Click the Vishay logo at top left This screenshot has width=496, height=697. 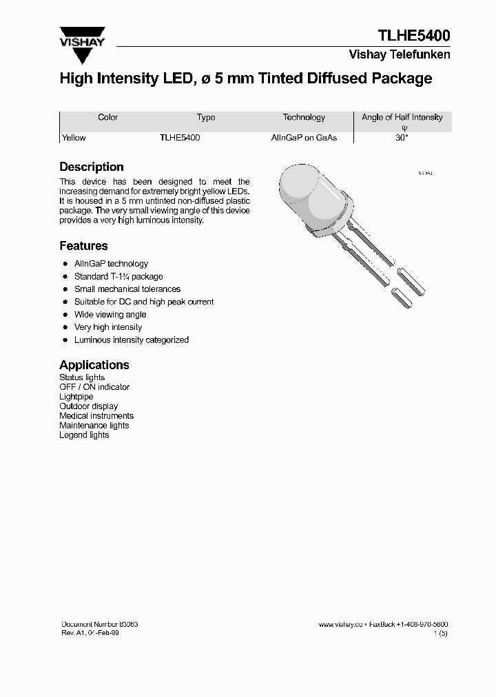point(82,37)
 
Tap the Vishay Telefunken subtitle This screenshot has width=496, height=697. point(400,54)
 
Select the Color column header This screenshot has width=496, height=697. point(108,118)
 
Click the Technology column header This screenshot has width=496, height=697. point(304,118)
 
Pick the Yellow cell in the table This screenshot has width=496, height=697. point(74,138)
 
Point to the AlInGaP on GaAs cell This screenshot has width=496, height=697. point(304,138)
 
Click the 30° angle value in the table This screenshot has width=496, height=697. point(402,138)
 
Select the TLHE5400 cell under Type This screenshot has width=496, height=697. point(180,138)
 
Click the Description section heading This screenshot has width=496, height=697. point(92,167)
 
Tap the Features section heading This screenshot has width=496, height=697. point(83,246)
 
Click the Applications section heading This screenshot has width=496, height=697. point(94,365)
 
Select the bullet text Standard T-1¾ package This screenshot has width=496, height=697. point(118,277)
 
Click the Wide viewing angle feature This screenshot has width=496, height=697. point(110,315)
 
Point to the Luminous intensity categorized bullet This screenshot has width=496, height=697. point(131,340)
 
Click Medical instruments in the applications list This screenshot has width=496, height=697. point(96,416)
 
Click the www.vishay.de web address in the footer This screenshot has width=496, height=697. point(340,624)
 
